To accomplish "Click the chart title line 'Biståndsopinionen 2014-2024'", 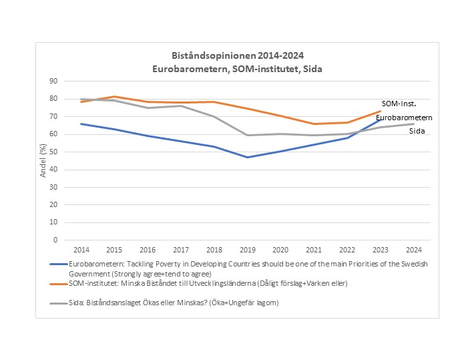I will click(238, 55).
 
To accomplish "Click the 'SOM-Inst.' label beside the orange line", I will click(404, 104).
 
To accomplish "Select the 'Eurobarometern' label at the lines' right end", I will click(404, 118).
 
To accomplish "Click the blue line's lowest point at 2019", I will click(247, 157).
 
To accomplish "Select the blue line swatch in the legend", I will click(59, 264).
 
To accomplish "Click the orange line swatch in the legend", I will click(59, 285).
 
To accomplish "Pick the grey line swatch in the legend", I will click(59, 303).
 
